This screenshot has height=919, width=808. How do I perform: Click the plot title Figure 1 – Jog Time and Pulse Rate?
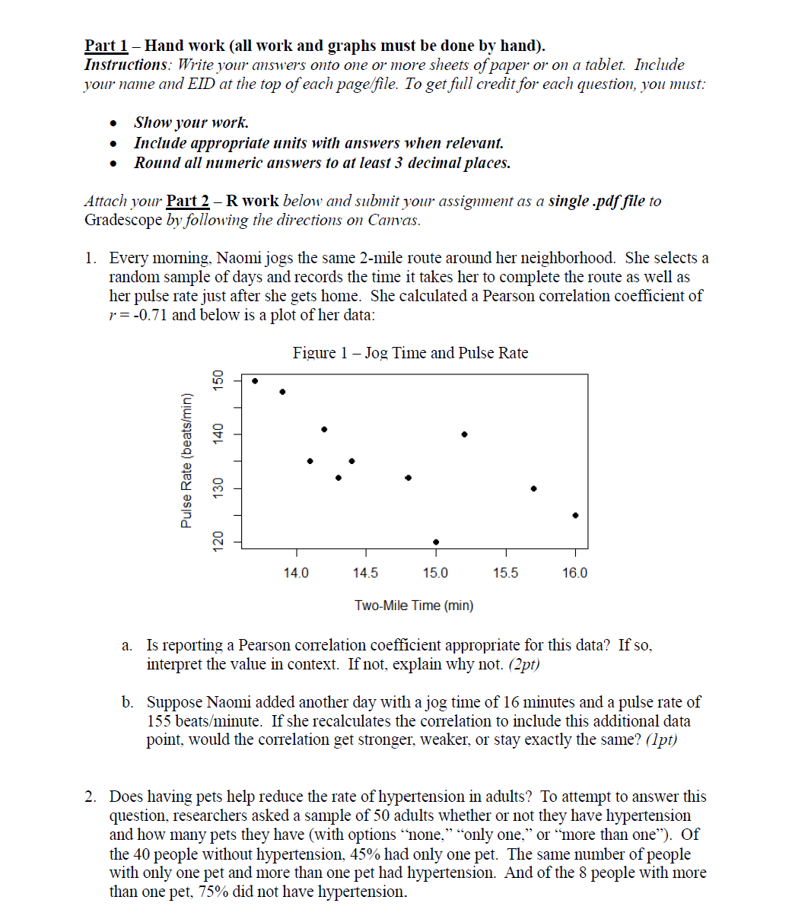(x=410, y=353)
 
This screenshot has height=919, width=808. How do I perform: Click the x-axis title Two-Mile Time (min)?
(x=414, y=606)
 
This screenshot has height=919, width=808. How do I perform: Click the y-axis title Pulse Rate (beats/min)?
(x=186, y=459)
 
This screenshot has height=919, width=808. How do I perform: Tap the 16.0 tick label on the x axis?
(x=574, y=573)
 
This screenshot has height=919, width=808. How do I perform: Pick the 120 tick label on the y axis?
(x=219, y=541)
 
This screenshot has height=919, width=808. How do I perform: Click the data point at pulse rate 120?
(x=435, y=542)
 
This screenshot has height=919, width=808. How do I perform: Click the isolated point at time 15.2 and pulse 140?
(x=464, y=434)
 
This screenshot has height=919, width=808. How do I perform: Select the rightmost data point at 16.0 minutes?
(x=575, y=515)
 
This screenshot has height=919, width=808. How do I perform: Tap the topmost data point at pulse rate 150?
(x=255, y=381)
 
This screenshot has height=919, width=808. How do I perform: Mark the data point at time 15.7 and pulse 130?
(x=533, y=488)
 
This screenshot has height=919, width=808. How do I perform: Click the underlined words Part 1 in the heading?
(x=106, y=46)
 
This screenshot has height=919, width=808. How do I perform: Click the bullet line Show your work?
(x=192, y=122)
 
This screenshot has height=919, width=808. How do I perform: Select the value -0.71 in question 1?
(x=148, y=315)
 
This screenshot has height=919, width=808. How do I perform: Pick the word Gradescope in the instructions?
(x=122, y=221)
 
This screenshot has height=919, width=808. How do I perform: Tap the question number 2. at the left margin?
(x=91, y=797)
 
